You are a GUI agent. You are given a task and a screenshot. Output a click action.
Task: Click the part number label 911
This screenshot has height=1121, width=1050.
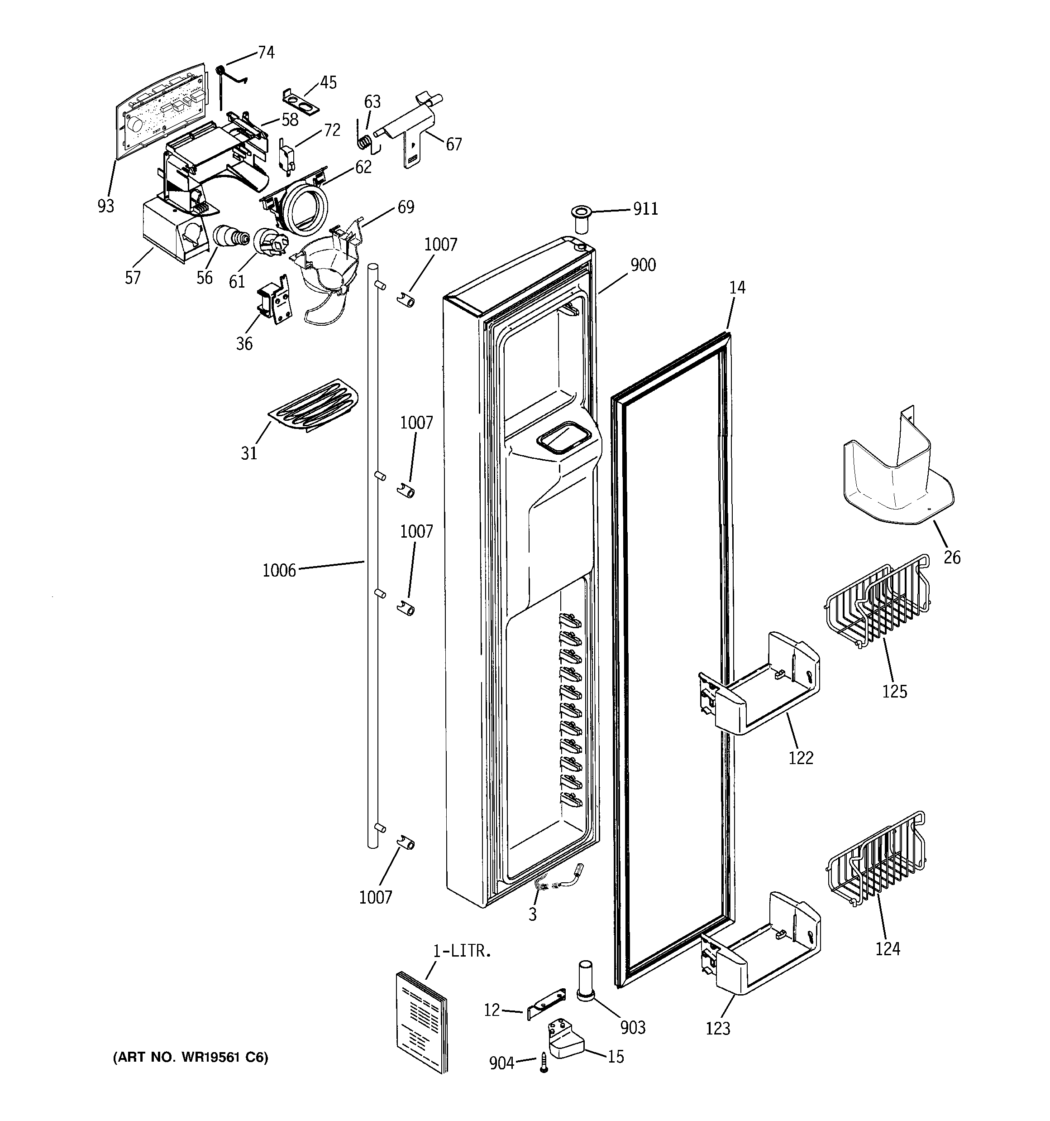tap(645, 209)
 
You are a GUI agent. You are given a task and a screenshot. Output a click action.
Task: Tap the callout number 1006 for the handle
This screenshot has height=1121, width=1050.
tap(279, 571)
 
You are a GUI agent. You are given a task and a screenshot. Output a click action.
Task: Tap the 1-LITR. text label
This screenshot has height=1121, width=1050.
tap(462, 951)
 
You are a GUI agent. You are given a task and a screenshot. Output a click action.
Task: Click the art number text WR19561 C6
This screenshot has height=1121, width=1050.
tap(191, 1057)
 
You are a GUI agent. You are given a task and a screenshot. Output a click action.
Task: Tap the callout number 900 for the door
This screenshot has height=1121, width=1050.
tap(643, 265)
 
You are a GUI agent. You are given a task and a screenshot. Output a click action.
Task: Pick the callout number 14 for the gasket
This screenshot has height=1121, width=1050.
tap(737, 288)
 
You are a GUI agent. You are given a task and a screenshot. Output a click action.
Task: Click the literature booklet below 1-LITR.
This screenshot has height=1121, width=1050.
tap(421, 1020)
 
